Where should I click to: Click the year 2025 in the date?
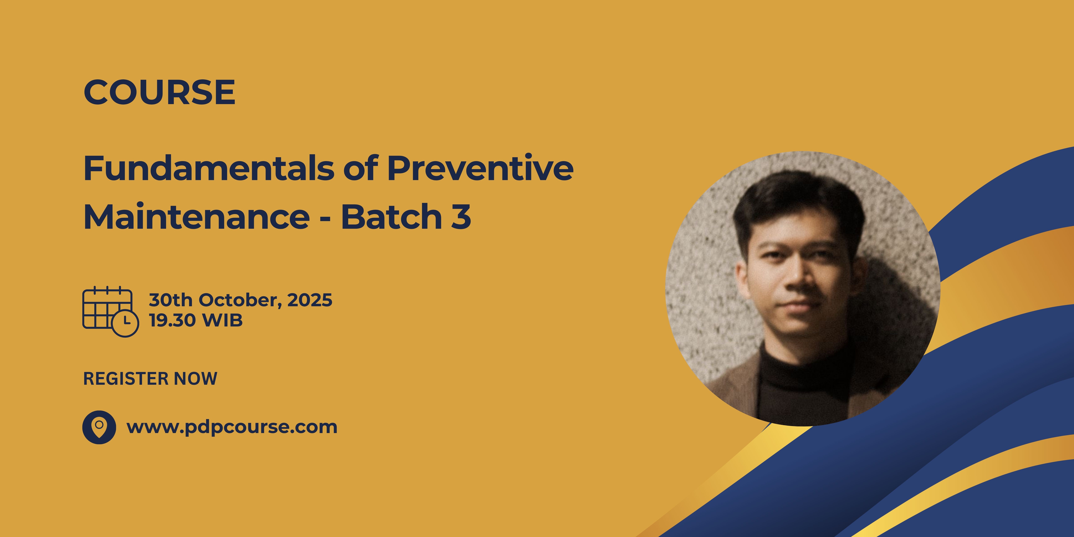[x=310, y=300]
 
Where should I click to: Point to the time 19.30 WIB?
[x=196, y=320]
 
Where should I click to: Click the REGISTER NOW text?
[x=150, y=379]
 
